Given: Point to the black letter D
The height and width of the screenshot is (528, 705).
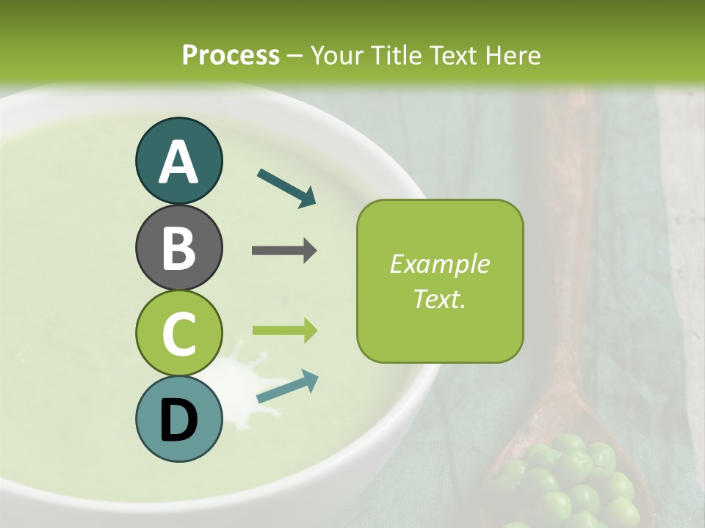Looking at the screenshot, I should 178,421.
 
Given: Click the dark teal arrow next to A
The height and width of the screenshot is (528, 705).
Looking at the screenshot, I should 286,188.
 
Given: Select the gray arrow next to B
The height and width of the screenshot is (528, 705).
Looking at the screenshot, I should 284,251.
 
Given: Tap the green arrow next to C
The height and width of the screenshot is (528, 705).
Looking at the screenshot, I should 284,330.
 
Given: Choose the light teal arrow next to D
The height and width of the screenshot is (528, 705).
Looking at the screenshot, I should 287,386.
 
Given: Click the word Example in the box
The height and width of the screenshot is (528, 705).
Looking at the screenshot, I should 440,264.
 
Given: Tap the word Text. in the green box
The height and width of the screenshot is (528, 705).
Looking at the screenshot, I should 440,299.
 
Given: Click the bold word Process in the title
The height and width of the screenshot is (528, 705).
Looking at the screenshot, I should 231,55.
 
